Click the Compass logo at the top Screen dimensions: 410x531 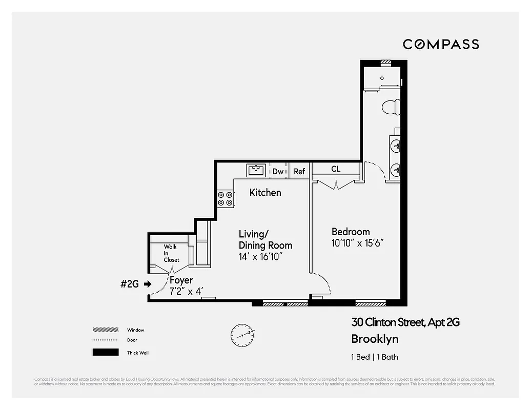point(441,44)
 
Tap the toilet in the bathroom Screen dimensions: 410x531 point(391,107)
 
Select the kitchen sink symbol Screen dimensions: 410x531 point(256,170)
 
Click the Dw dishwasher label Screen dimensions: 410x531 point(278,171)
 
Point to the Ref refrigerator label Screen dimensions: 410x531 point(299,171)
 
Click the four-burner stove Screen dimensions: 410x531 point(224,198)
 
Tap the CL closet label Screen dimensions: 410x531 point(336,169)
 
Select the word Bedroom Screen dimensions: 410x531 point(351,232)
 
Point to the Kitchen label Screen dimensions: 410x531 point(265,193)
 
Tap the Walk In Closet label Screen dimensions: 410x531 point(171,253)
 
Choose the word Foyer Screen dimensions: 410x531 point(181,280)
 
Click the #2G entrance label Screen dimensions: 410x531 point(130,283)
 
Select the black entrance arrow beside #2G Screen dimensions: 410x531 point(148,283)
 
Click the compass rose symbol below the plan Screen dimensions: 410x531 point(242,334)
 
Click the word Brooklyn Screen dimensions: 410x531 point(375,339)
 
